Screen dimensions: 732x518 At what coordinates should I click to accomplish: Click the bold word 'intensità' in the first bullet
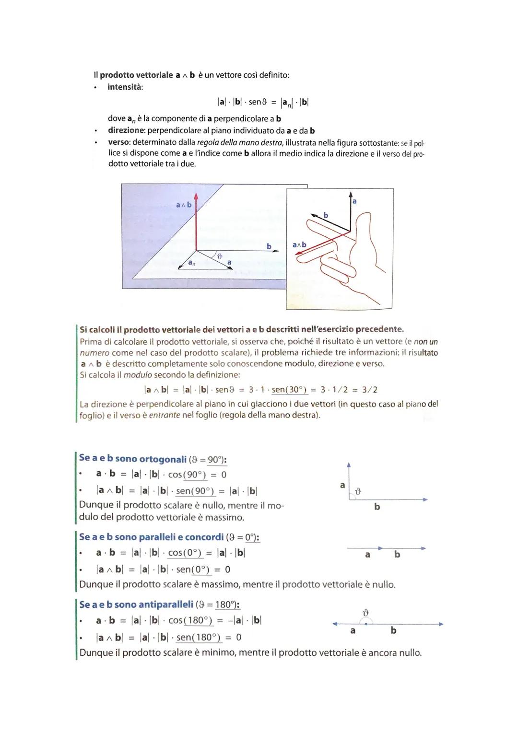[x=125, y=87]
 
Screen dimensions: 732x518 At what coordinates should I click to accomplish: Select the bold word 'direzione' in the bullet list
[x=126, y=130]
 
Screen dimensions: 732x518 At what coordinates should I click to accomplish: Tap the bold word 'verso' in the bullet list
[x=118, y=142]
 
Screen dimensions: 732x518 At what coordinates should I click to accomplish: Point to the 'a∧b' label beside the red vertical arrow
[x=184, y=205]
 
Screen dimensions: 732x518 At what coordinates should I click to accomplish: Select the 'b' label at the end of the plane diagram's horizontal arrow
[x=269, y=246]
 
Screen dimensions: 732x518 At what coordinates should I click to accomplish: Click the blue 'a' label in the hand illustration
[x=354, y=201]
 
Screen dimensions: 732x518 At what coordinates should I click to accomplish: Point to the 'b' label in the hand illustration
[x=326, y=215]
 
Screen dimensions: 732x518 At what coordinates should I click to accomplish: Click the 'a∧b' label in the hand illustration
[x=299, y=244]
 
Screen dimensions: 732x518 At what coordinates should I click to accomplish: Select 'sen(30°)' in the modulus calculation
[x=289, y=390]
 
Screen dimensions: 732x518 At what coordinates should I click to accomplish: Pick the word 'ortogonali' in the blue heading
[x=163, y=459]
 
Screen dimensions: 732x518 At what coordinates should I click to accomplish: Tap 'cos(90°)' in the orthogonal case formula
[x=187, y=475]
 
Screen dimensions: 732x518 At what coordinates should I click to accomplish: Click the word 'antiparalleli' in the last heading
[x=165, y=604]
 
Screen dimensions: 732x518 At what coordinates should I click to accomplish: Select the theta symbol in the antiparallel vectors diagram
[x=366, y=612]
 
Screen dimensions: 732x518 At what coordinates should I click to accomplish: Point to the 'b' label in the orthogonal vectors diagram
[x=377, y=507]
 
